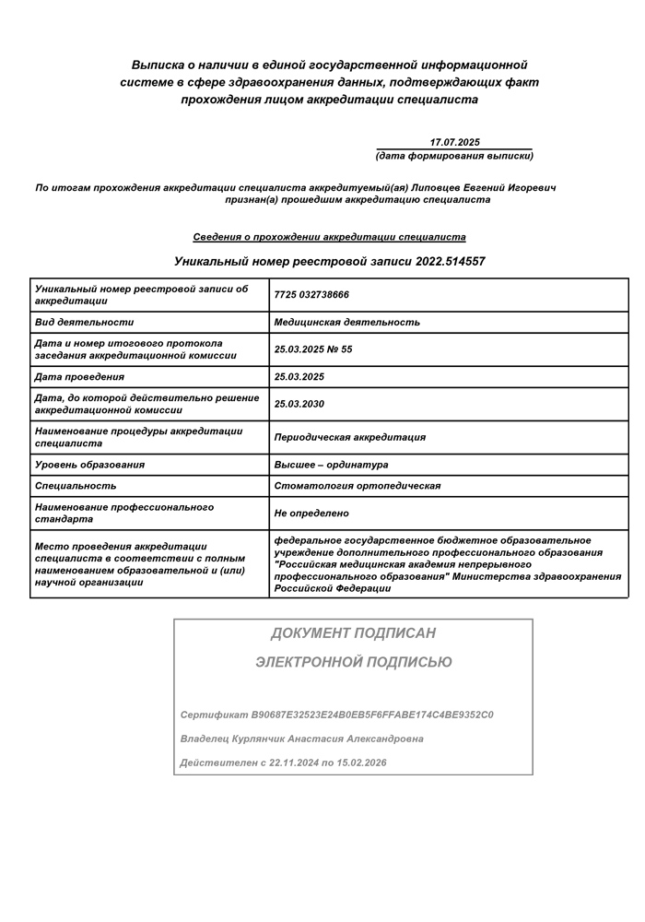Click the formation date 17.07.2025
tap(455, 142)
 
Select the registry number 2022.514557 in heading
tap(440, 262)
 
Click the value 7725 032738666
tap(311, 295)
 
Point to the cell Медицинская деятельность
tap(346, 322)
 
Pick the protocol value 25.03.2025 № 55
tap(313, 349)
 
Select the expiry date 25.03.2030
tap(299, 404)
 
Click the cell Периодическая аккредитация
tap(350, 437)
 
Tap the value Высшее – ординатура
tap(331, 465)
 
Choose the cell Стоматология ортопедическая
tap(358, 486)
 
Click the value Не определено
tap(311, 514)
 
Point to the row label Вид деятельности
tap(84, 322)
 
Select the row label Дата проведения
tap(79, 376)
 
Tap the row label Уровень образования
tap(89, 465)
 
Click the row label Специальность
tap(76, 486)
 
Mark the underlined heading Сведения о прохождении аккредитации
tap(329, 237)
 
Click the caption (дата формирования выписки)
tap(454, 156)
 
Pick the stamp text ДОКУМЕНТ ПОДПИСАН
tap(353, 633)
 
